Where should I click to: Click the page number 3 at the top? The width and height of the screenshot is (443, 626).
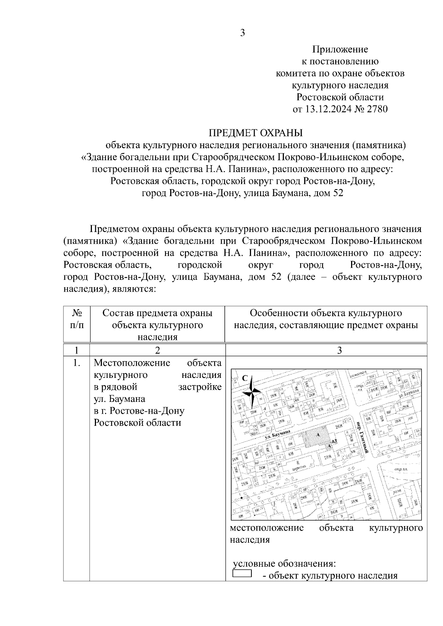click(x=243, y=33)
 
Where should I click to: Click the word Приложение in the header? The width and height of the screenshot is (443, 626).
click(x=340, y=49)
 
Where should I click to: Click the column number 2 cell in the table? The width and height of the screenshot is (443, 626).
click(x=158, y=350)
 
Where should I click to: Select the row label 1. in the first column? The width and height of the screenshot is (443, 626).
click(x=76, y=363)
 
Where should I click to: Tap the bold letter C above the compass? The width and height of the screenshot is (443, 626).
click(x=245, y=378)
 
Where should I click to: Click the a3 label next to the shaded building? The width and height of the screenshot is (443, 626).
click(x=334, y=441)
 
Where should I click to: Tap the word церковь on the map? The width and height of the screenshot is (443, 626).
click(x=298, y=470)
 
